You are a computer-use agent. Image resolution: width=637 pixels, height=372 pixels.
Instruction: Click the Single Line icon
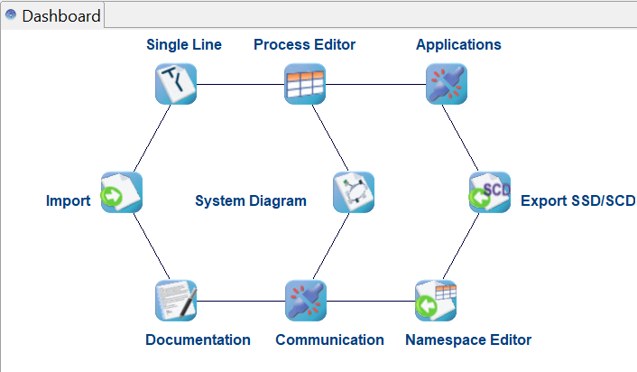pos(176,85)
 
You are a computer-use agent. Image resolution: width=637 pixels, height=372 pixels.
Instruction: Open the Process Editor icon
pos(305,85)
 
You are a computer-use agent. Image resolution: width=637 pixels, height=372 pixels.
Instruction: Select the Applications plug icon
pos(447,85)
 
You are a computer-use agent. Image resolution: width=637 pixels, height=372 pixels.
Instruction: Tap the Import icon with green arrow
pos(122,192)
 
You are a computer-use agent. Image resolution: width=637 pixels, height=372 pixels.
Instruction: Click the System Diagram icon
pos(353,192)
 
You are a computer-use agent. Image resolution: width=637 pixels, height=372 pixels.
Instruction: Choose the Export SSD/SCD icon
pos(490,192)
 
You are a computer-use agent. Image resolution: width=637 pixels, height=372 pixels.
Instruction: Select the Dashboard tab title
pos(60,16)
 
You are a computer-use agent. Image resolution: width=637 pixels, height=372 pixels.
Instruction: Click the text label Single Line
pos(184,44)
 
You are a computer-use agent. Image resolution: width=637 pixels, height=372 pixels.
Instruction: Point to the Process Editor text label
pos(304,44)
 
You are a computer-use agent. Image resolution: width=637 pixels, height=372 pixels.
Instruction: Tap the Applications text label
pos(458,44)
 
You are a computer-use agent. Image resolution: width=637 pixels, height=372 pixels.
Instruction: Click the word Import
pos(69,201)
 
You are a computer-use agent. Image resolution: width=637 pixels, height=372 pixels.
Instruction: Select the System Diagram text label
pos(251,201)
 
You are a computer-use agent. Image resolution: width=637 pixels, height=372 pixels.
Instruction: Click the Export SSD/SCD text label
pos(577,201)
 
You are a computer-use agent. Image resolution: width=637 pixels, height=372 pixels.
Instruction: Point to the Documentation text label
pos(198,340)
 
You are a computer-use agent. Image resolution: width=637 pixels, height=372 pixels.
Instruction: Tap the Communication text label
pos(329,340)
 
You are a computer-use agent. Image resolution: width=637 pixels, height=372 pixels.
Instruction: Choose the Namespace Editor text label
pos(468,340)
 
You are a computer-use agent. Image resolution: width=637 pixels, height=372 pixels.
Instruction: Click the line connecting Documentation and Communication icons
pos(241,301)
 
